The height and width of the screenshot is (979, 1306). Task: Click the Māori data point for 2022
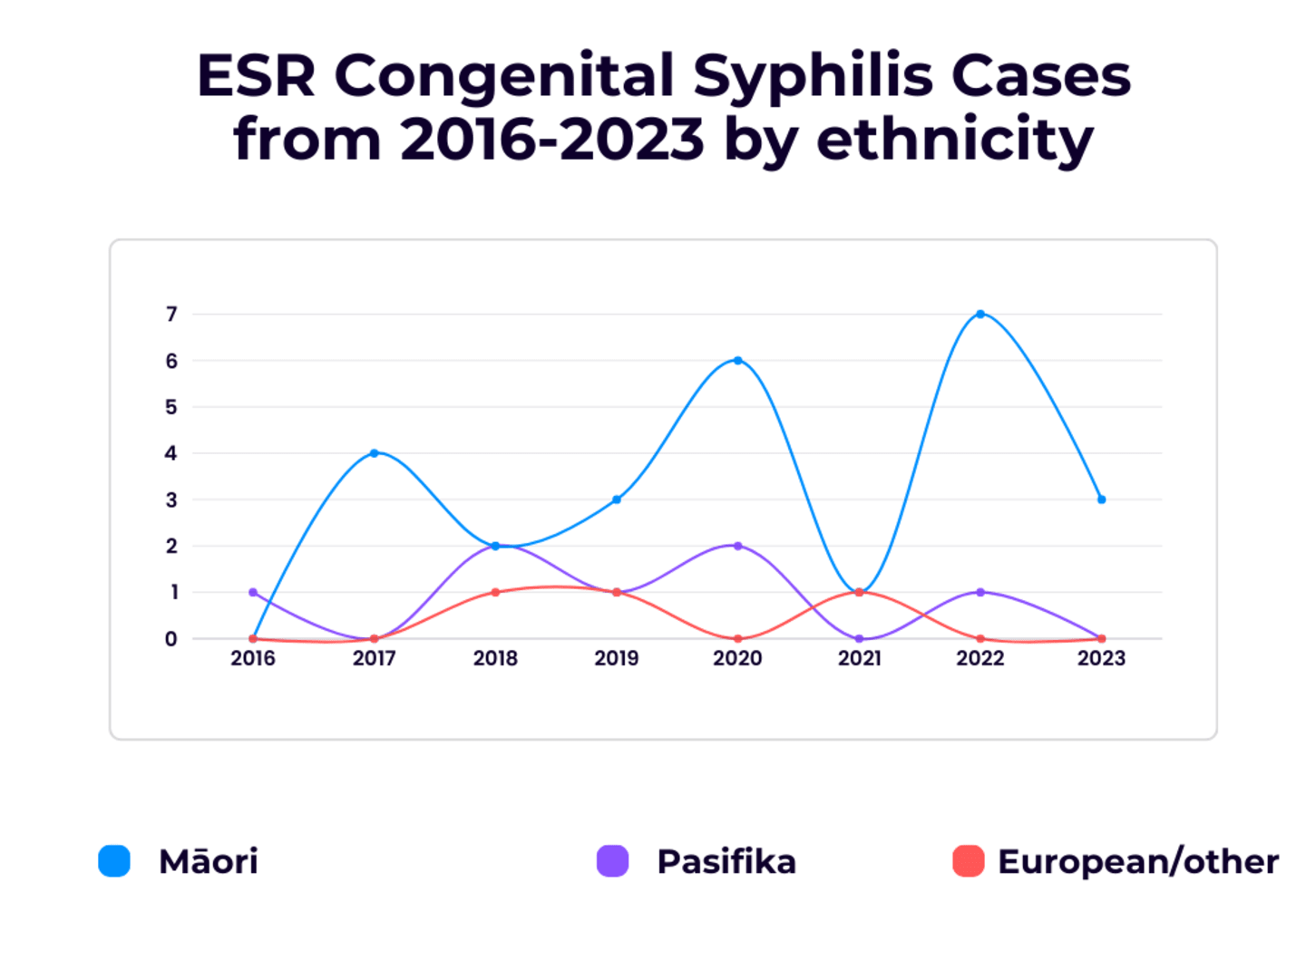click(980, 314)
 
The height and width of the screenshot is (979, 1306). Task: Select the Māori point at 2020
click(737, 361)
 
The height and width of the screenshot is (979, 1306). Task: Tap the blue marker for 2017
click(374, 453)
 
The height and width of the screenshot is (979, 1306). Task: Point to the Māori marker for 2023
click(1101, 499)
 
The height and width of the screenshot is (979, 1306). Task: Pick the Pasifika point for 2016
click(253, 592)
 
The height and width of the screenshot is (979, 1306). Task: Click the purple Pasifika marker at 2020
click(737, 546)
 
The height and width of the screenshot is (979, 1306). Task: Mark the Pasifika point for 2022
click(980, 592)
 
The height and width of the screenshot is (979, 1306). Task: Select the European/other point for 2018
click(495, 592)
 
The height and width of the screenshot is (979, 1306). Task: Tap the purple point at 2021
click(859, 639)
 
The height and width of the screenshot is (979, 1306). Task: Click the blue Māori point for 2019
click(617, 499)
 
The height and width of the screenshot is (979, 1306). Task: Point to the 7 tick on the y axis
click(171, 315)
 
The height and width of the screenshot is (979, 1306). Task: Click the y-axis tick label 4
click(171, 453)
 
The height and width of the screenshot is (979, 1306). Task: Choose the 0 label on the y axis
click(171, 639)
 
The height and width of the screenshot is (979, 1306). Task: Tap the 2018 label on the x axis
click(495, 658)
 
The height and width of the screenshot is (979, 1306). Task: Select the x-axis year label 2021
click(859, 658)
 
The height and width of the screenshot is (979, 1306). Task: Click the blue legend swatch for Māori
click(114, 861)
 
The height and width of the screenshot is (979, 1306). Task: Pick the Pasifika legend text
click(726, 861)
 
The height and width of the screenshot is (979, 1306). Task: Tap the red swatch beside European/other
click(968, 861)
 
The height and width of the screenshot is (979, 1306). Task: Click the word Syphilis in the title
click(813, 76)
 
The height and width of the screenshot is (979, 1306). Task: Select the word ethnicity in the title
click(955, 141)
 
